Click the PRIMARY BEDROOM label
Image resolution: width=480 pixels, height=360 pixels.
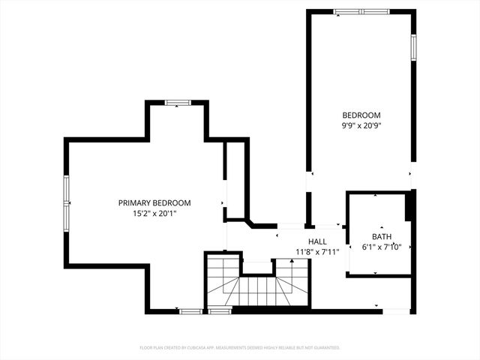tap(154, 202)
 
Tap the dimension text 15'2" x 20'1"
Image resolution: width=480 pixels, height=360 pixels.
tap(154, 214)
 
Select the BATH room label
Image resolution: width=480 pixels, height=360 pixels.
tap(382, 236)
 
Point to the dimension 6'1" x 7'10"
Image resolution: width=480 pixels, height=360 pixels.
tap(382, 247)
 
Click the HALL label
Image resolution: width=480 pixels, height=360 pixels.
tap(317, 241)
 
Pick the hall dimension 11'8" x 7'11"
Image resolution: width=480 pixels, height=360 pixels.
tap(317, 252)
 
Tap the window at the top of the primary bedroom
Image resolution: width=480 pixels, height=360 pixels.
tap(177, 102)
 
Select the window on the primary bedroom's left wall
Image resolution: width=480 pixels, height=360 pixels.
tap(66, 202)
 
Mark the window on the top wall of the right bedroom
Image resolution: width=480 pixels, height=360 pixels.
tap(361, 11)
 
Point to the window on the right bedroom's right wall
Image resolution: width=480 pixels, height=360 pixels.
tap(412, 46)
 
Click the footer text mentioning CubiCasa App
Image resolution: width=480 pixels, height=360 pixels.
tap(240, 348)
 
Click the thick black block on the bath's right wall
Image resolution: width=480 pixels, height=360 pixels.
tap(409, 206)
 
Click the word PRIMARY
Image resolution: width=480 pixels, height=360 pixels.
tap(135, 202)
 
